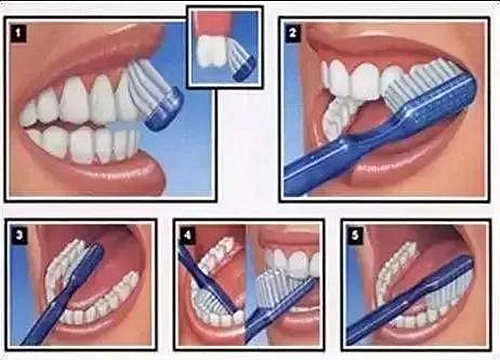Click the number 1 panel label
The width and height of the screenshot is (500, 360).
tap(18, 33)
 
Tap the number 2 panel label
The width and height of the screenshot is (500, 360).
tap(293, 33)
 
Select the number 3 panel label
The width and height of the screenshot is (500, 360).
tap(19, 234)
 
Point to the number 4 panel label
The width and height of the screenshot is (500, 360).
tap(187, 235)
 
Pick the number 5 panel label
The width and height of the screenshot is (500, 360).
tap(355, 235)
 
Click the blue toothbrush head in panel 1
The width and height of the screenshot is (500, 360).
tap(165, 109)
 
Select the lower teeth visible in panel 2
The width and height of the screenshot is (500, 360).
tap(338, 117)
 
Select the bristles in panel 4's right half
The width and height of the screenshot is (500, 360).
tap(277, 287)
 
